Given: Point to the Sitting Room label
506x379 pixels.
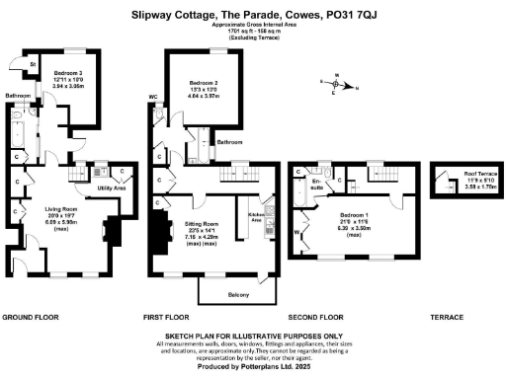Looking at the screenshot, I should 204,224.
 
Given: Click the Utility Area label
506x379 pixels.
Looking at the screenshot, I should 111,186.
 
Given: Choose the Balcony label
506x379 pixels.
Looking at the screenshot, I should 237,294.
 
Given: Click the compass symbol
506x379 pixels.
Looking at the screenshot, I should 337,82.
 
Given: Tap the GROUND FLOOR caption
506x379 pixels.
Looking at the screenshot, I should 31,318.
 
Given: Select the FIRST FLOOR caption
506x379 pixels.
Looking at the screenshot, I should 166,318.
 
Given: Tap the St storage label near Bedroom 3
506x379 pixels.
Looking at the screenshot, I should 33,64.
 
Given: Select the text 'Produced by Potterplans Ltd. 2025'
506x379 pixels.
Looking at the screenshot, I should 252,366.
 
